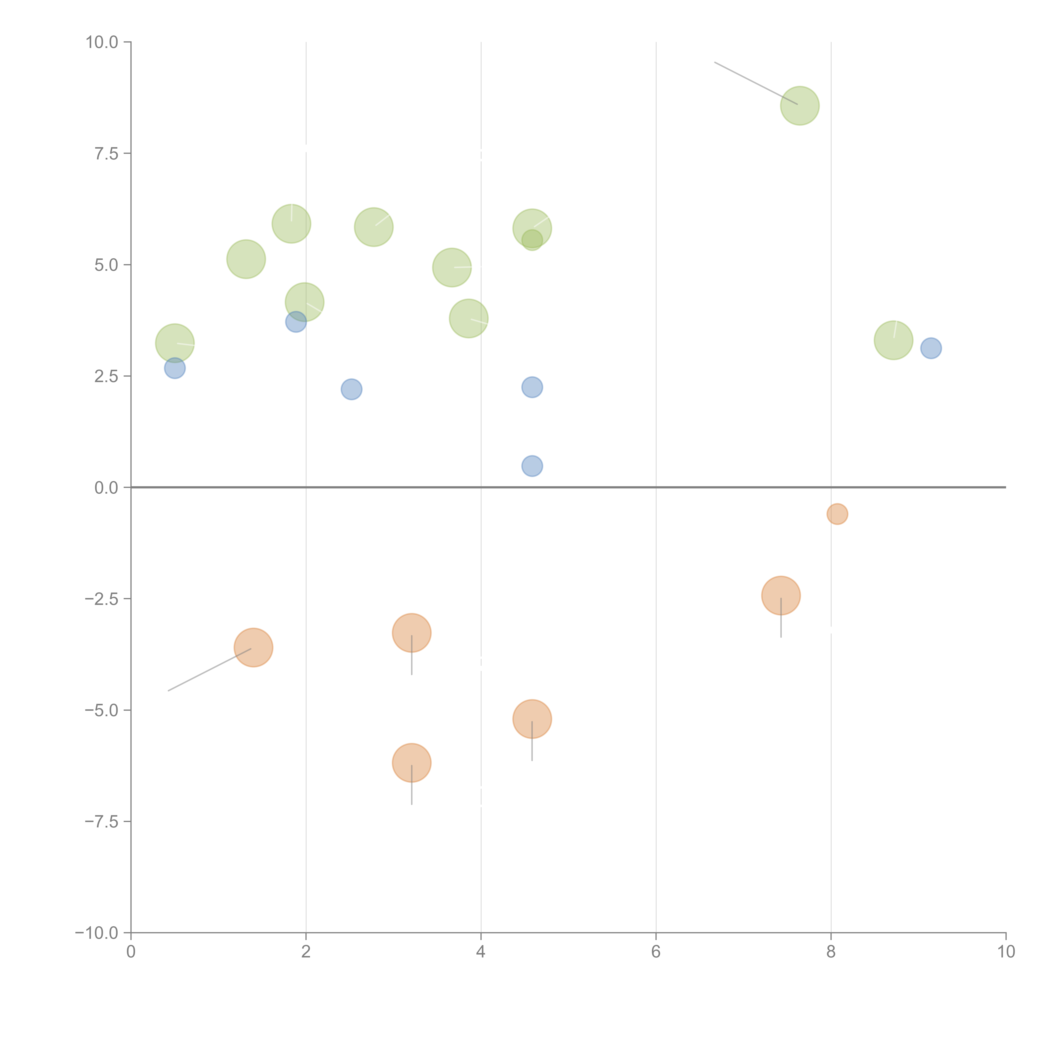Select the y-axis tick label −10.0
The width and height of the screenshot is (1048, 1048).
click(x=97, y=933)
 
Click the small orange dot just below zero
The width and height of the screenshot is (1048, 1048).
click(x=837, y=514)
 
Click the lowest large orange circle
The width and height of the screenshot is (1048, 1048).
click(x=412, y=763)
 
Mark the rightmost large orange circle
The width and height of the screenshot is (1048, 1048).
click(x=781, y=596)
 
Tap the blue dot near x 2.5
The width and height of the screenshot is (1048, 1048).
click(x=351, y=389)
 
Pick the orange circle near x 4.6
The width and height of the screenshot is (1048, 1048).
click(x=532, y=719)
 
